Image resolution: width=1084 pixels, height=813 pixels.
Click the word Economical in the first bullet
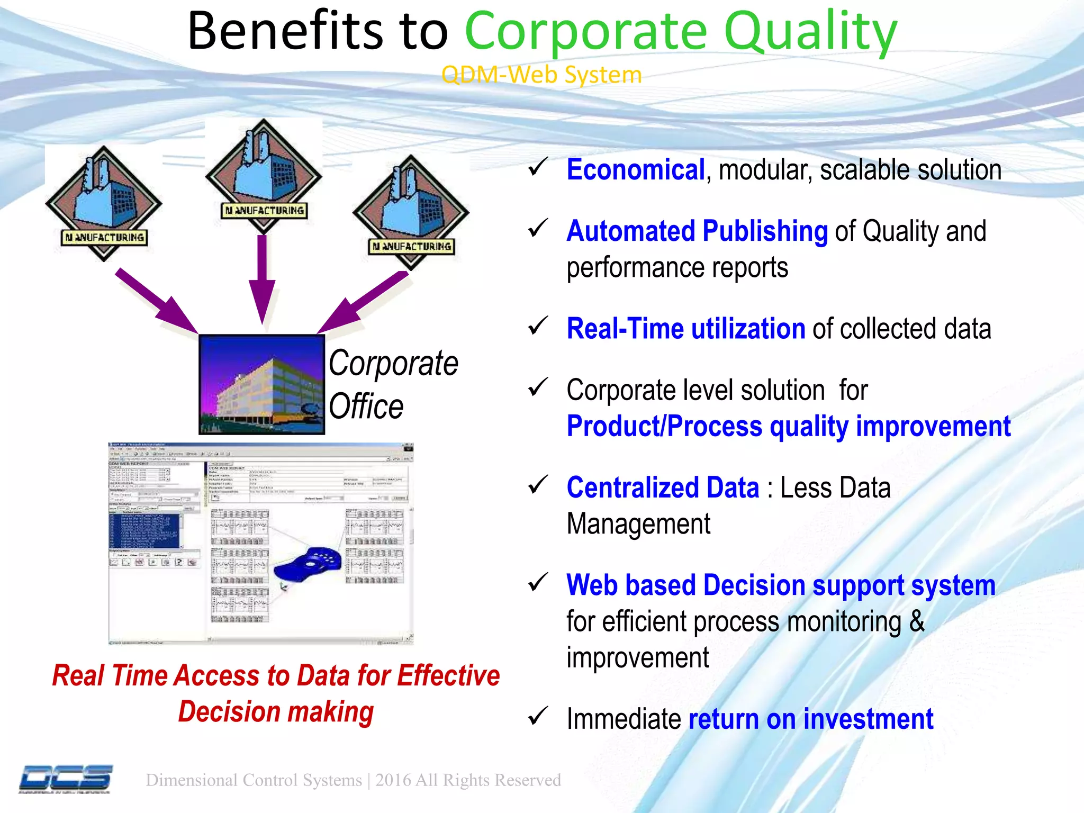pyautogui.click(x=635, y=170)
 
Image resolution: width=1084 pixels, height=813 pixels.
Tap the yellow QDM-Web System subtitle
pyautogui.click(x=541, y=75)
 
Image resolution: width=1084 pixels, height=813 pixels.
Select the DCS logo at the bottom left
pyautogui.click(x=66, y=779)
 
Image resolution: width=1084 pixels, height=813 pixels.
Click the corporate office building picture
pyautogui.click(x=261, y=385)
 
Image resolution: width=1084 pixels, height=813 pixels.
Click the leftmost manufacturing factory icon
pyautogui.click(x=104, y=203)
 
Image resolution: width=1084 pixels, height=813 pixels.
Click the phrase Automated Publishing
pyautogui.click(x=697, y=231)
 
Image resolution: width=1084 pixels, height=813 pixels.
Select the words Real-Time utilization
pyautogui.click(x=685, y=329)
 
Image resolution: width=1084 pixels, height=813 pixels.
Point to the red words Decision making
pyautogui.click(x=276, y=712)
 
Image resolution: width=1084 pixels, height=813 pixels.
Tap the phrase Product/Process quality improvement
pyautogui.click(x=788, y=427)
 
